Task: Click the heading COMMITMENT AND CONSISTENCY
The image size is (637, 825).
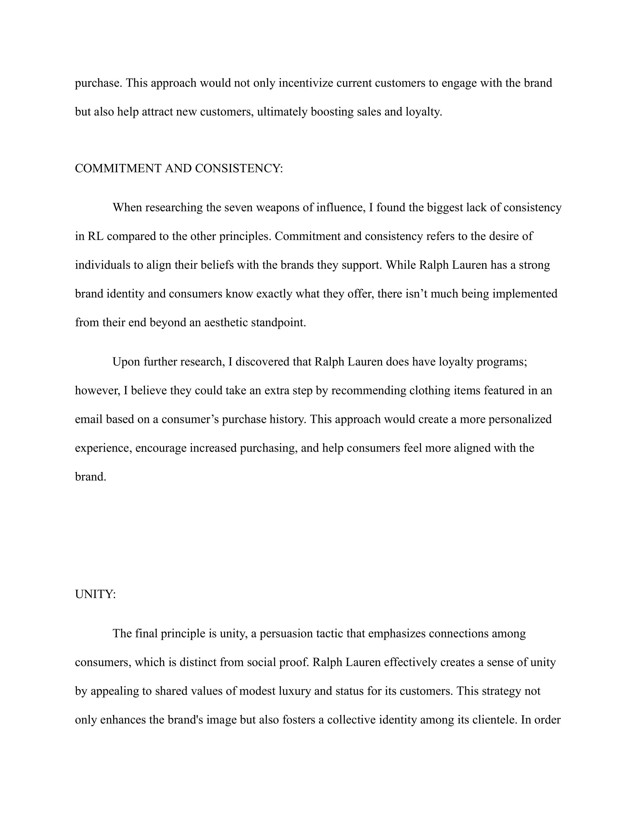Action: tap(179, 169)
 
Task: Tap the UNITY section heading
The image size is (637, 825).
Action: tap(95, 594)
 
